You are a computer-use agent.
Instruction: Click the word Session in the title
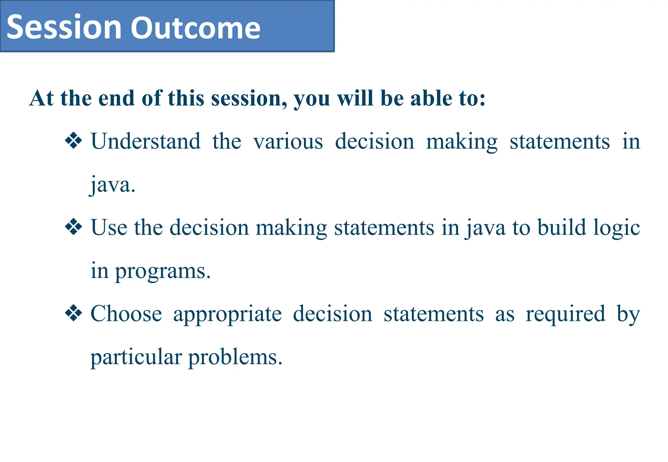(x=64, y=27)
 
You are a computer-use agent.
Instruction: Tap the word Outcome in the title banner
(x=195, y=27)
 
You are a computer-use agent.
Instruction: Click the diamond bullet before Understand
(x=73, y=141)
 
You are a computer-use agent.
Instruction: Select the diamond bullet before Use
(x=73, y=227)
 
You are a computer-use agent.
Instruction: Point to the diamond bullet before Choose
(x=73, y=313)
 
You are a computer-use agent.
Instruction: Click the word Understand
(x=145, y=141)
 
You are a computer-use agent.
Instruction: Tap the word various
(x=288, y=142)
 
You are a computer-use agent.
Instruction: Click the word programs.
(x=163, y=271)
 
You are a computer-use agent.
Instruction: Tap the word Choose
(x=126, y=314)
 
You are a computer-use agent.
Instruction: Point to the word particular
(x=136, y=357)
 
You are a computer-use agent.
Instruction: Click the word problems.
(x=235, y=357)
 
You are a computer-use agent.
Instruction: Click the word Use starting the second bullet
(x=109, y=227)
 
